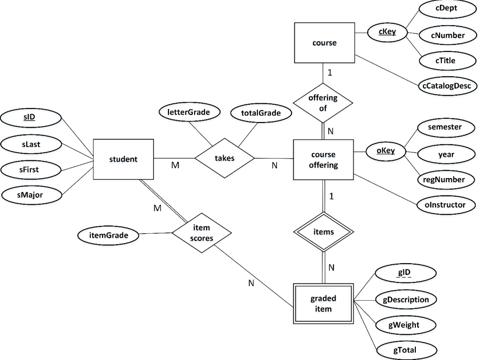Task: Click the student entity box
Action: click(x=123, y=159)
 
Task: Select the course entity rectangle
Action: click(x=324, y=43)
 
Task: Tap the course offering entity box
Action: click(x=323, y=159)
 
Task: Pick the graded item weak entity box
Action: click(x=323, y=303)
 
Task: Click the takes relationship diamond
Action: click(x=225, y=158)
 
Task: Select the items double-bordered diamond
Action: click(x=323, y=232)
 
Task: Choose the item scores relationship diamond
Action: click(x=202, y=232)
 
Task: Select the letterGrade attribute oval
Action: click(x=189, y=112)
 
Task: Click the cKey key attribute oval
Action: click(x=387, y=32)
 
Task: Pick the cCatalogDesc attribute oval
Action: click(x=446, y=86)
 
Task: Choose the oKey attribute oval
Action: click(x=386, y=151)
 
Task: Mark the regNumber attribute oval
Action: click(x=447, y=180)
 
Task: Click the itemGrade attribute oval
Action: click(x=109, y=236)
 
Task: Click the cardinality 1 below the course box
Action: click(x=330, y=73)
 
